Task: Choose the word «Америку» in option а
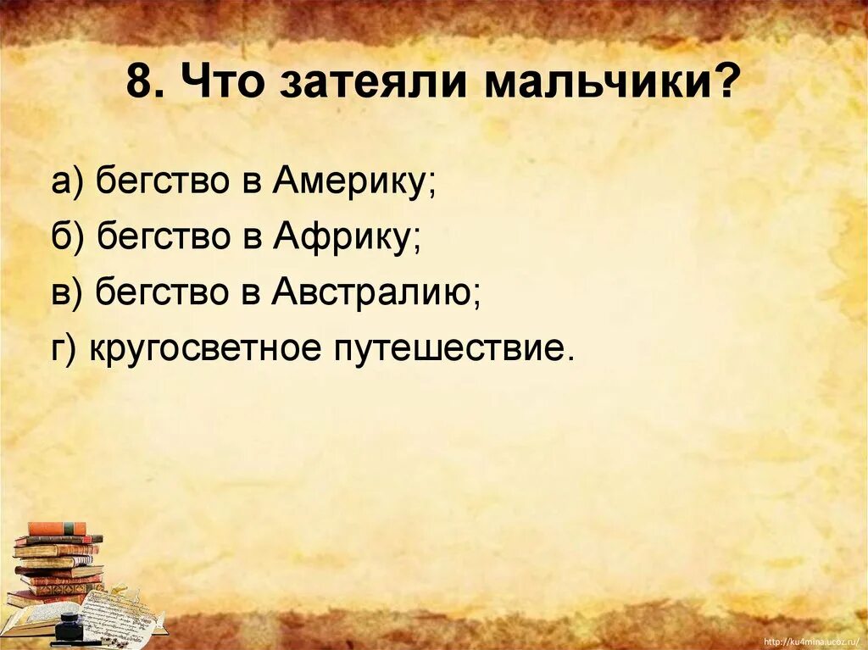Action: (x=353, y=182)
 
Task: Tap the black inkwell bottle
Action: (x=65, y=633)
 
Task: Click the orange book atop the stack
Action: (x=57, y=529)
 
